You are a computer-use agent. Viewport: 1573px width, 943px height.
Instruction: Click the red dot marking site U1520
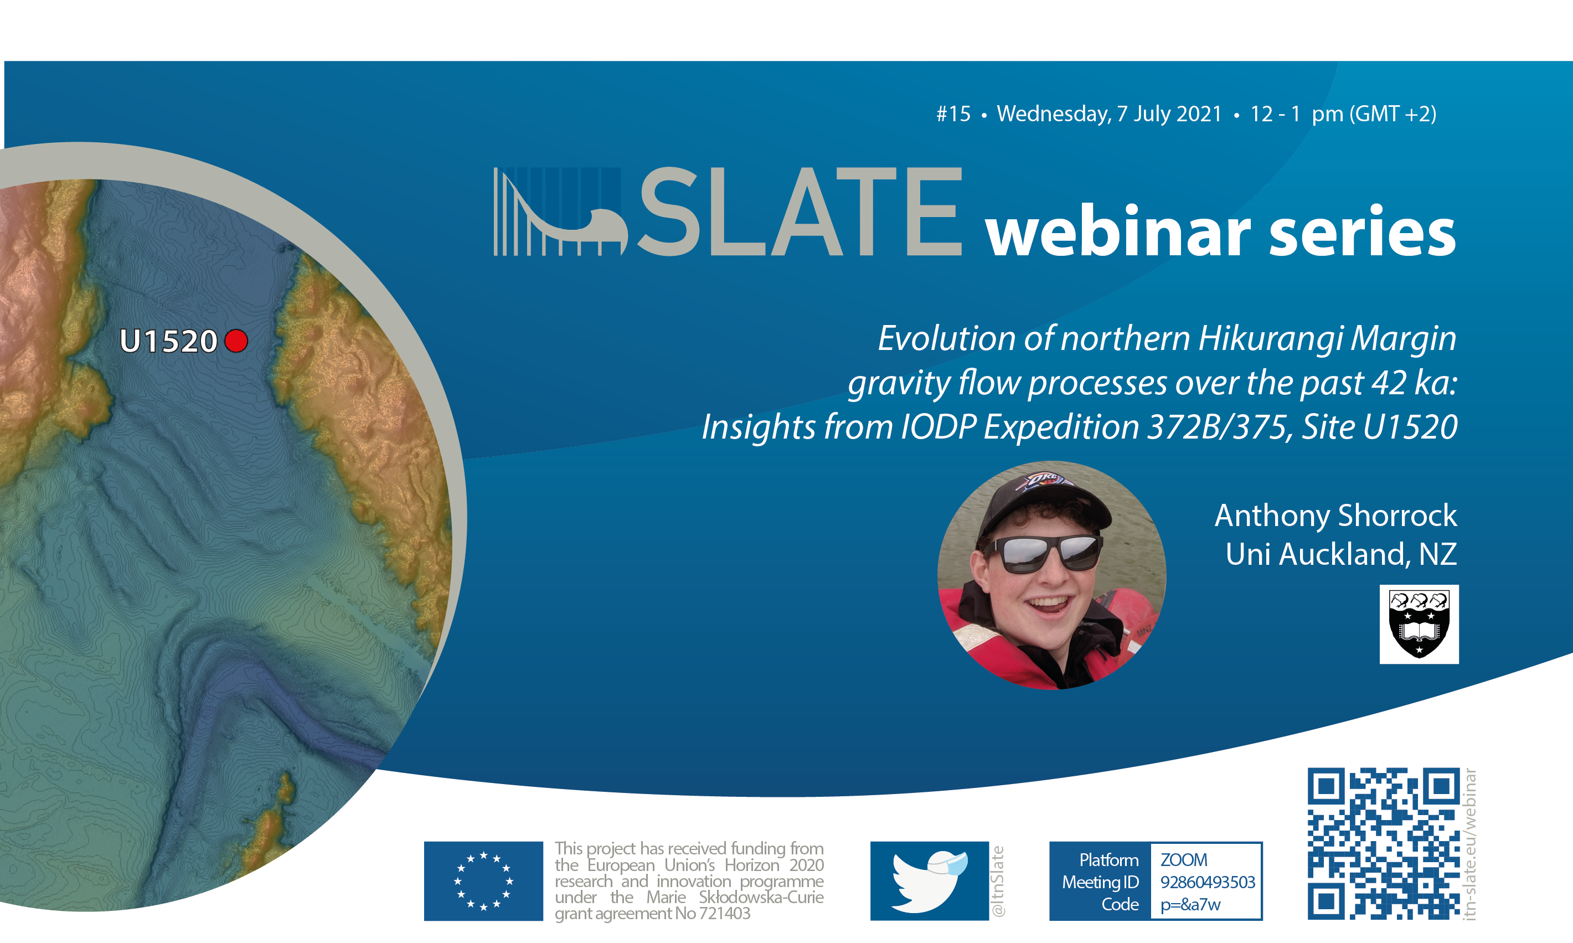click(236, 341)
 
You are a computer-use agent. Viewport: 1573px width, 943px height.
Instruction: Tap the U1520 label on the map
click(168, 341)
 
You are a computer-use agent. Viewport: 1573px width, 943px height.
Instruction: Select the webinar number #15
click(953, 114)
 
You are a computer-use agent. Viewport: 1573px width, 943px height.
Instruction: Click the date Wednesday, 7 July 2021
click(1109, 114)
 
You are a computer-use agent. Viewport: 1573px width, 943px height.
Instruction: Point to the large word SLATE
click(801, 212)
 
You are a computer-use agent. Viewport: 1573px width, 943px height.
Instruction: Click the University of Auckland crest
click(1419, 624)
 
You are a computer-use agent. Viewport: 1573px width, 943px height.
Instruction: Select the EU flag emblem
click(483, 881)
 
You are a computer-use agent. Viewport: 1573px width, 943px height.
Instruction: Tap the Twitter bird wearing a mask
click(930, 881)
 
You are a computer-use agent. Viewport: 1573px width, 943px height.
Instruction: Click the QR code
click(1384, 843)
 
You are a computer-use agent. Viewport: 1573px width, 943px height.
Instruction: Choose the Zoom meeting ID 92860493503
click(1207, 882)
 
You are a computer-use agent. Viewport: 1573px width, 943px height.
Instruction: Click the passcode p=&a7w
click(1190, 905)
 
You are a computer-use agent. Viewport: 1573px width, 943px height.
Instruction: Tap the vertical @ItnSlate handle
click(998, 882)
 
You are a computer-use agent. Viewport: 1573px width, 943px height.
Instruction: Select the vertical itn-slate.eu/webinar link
click(1469, 844)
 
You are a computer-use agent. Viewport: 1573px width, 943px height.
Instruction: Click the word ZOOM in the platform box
click(1184, 860)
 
